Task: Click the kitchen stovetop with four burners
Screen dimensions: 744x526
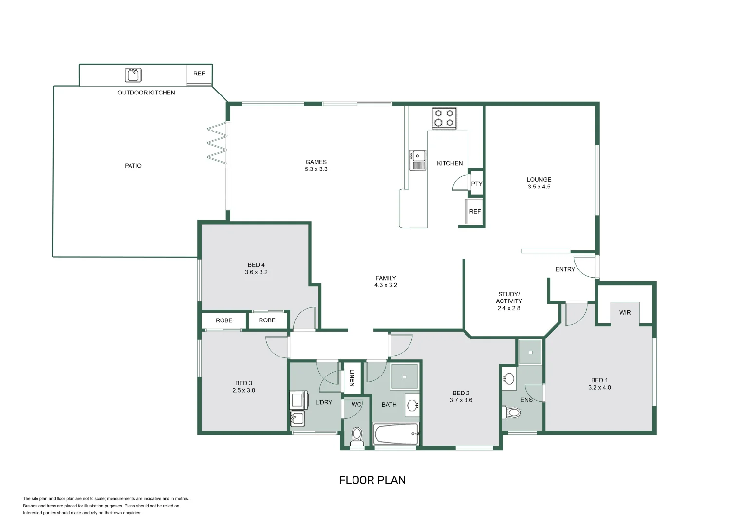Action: pos(444,118)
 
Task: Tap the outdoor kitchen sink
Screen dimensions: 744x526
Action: pos(133,75)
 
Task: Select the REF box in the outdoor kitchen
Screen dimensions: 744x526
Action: pos(199,75)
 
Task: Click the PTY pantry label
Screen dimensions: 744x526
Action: pos(476,184)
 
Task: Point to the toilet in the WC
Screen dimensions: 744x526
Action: pos(357,436)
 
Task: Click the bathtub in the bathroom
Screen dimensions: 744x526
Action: pos(396,434)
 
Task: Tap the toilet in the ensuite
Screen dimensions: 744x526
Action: pos(511,413)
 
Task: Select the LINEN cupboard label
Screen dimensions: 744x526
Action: pos(352,378)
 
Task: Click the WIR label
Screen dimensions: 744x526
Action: pos(625,312)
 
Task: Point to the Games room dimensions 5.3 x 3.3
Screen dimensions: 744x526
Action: pos(316,169)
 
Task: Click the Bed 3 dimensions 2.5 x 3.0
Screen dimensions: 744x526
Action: pos(244,390)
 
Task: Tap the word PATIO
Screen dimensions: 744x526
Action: pos(133,166)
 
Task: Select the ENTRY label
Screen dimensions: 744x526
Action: pos(565,269)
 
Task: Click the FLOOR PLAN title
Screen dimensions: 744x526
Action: pos(372,480)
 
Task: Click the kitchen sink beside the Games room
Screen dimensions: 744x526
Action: pos(418,160)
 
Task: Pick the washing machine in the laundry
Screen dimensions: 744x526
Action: pos(299,400)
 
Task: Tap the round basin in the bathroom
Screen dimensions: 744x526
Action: pos(412,405)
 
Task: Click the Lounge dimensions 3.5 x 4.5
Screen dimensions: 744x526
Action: pos(539,187)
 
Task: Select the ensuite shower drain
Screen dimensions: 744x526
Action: pos(530,352)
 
